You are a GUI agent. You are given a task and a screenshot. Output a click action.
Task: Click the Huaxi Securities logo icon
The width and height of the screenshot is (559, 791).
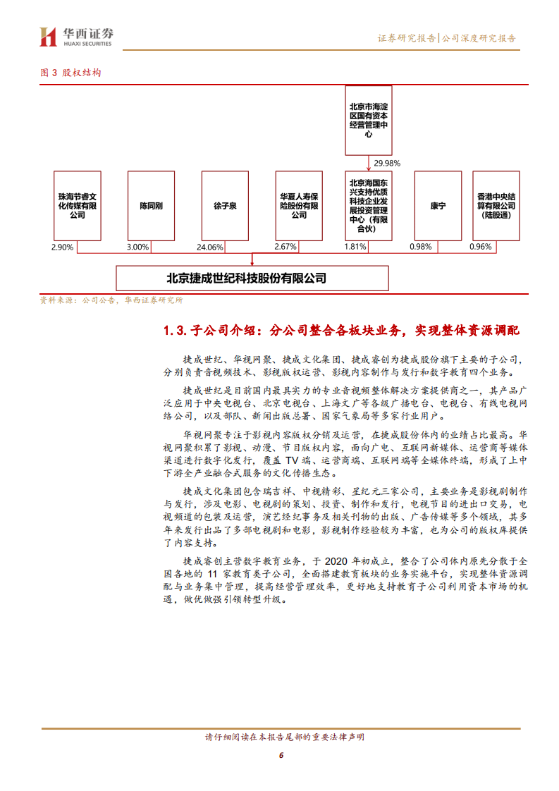click(47, 37)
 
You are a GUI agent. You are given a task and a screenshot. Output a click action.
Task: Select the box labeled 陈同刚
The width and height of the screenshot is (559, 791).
click(151, 206)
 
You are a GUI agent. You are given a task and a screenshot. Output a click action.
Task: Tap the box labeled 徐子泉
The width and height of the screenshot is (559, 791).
click(224, 206)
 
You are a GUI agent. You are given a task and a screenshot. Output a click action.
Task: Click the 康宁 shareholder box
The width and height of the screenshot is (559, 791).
click(438, 206)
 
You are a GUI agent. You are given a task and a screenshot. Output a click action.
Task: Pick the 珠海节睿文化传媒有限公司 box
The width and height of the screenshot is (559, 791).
click(78, 206)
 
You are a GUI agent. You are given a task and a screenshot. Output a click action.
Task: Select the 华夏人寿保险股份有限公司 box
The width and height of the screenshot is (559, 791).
click(298, 206)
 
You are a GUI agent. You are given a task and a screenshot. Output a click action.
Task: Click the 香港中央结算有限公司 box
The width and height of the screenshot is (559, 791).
click(496, 206)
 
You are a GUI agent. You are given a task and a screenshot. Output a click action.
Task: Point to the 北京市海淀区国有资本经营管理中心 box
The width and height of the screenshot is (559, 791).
click(369, 119)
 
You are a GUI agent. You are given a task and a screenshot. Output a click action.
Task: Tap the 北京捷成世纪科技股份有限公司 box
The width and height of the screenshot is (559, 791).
click(252, 278)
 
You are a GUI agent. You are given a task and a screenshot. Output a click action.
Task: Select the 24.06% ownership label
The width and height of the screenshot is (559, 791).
click(210, 247)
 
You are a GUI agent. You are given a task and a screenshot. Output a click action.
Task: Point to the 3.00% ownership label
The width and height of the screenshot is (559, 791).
click(137, 247)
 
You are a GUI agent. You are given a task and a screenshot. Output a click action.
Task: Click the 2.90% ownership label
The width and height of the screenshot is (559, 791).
click(63, 247)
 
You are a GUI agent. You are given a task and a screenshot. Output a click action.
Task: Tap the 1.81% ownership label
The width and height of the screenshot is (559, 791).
click(356, 247)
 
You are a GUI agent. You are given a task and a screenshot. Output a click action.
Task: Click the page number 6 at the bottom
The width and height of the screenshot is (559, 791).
click(281, 755)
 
